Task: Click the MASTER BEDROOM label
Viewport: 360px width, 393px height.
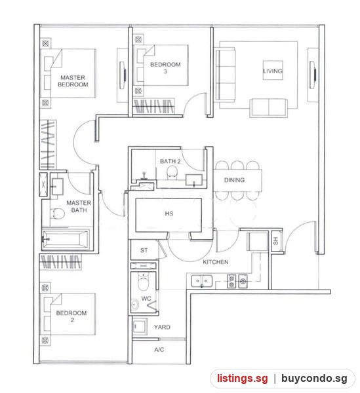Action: click(73, 81)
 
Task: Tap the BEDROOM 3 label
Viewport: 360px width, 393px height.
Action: click(165, 68)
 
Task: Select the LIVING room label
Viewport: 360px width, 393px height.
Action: click(273, 71)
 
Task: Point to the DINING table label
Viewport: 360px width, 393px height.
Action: click(234, 180)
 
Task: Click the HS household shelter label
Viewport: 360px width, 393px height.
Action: click(169, 214)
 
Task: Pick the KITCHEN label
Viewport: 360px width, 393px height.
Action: click(216, 262)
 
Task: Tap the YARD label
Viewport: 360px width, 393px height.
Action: click(162, 327)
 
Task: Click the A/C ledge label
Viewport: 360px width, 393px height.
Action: click(159, 350)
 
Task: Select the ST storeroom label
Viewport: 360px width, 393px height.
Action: click(144, 250)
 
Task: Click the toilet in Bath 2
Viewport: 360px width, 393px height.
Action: click(172, 172)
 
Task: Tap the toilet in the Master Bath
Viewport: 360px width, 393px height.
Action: click(58, 214)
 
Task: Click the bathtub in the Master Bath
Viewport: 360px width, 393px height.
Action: click(66, 239)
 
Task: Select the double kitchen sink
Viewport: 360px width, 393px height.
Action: click(201, 281)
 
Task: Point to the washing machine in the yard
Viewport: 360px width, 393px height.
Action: click(140, 327)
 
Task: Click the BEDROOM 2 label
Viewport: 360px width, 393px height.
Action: click(71, 316)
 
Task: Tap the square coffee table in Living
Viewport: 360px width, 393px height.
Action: click(273, 71)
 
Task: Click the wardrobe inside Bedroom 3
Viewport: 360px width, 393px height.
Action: click(153, 106)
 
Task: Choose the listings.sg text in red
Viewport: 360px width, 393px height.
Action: click(243, 378)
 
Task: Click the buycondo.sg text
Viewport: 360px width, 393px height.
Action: click(314, 379)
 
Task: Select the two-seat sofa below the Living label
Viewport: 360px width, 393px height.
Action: click(269, 108)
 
